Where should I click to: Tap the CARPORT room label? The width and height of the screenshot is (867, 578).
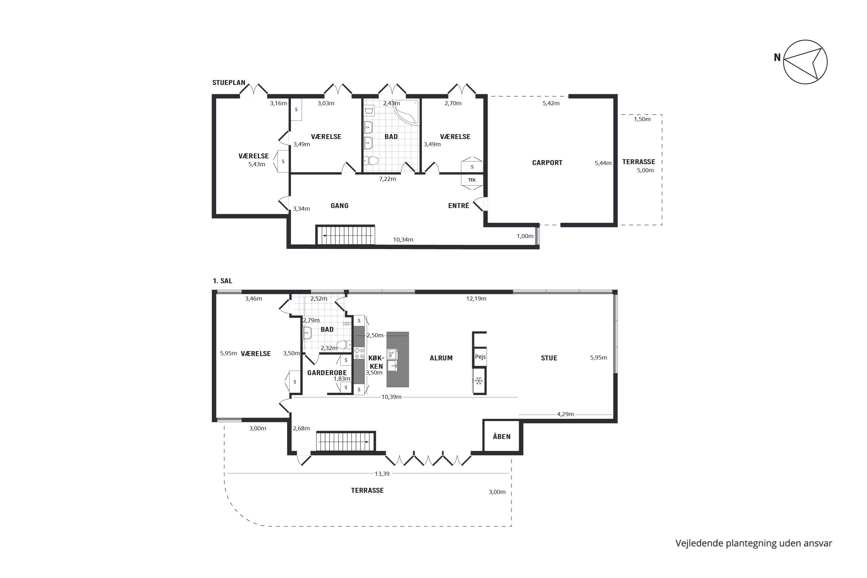click(x=547, y=162)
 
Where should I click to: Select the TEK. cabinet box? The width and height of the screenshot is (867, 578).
click(x=472, y=180)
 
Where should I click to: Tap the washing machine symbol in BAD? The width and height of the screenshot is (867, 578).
click(x=369, y=110)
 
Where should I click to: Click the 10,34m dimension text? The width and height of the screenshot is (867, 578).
click(x=403, y=240)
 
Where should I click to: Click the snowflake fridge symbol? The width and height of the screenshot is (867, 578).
click(x=479, y=380)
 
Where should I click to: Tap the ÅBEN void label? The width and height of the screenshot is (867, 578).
click(x=502, y=436)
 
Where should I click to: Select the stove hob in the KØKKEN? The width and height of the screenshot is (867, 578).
click(x=359, y=353)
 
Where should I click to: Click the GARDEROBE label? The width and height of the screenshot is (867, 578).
click(x=327, y=373)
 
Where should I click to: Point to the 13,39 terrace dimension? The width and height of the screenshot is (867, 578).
click(x=382, y=474)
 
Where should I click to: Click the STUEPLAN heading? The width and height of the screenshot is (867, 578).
click(x=229, y=83)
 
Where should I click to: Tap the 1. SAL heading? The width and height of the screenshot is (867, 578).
click(x=222, y=281)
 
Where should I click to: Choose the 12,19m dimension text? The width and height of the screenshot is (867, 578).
click(x=476, y=299)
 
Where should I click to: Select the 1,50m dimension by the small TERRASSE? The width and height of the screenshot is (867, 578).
click(x=642, y=119)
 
